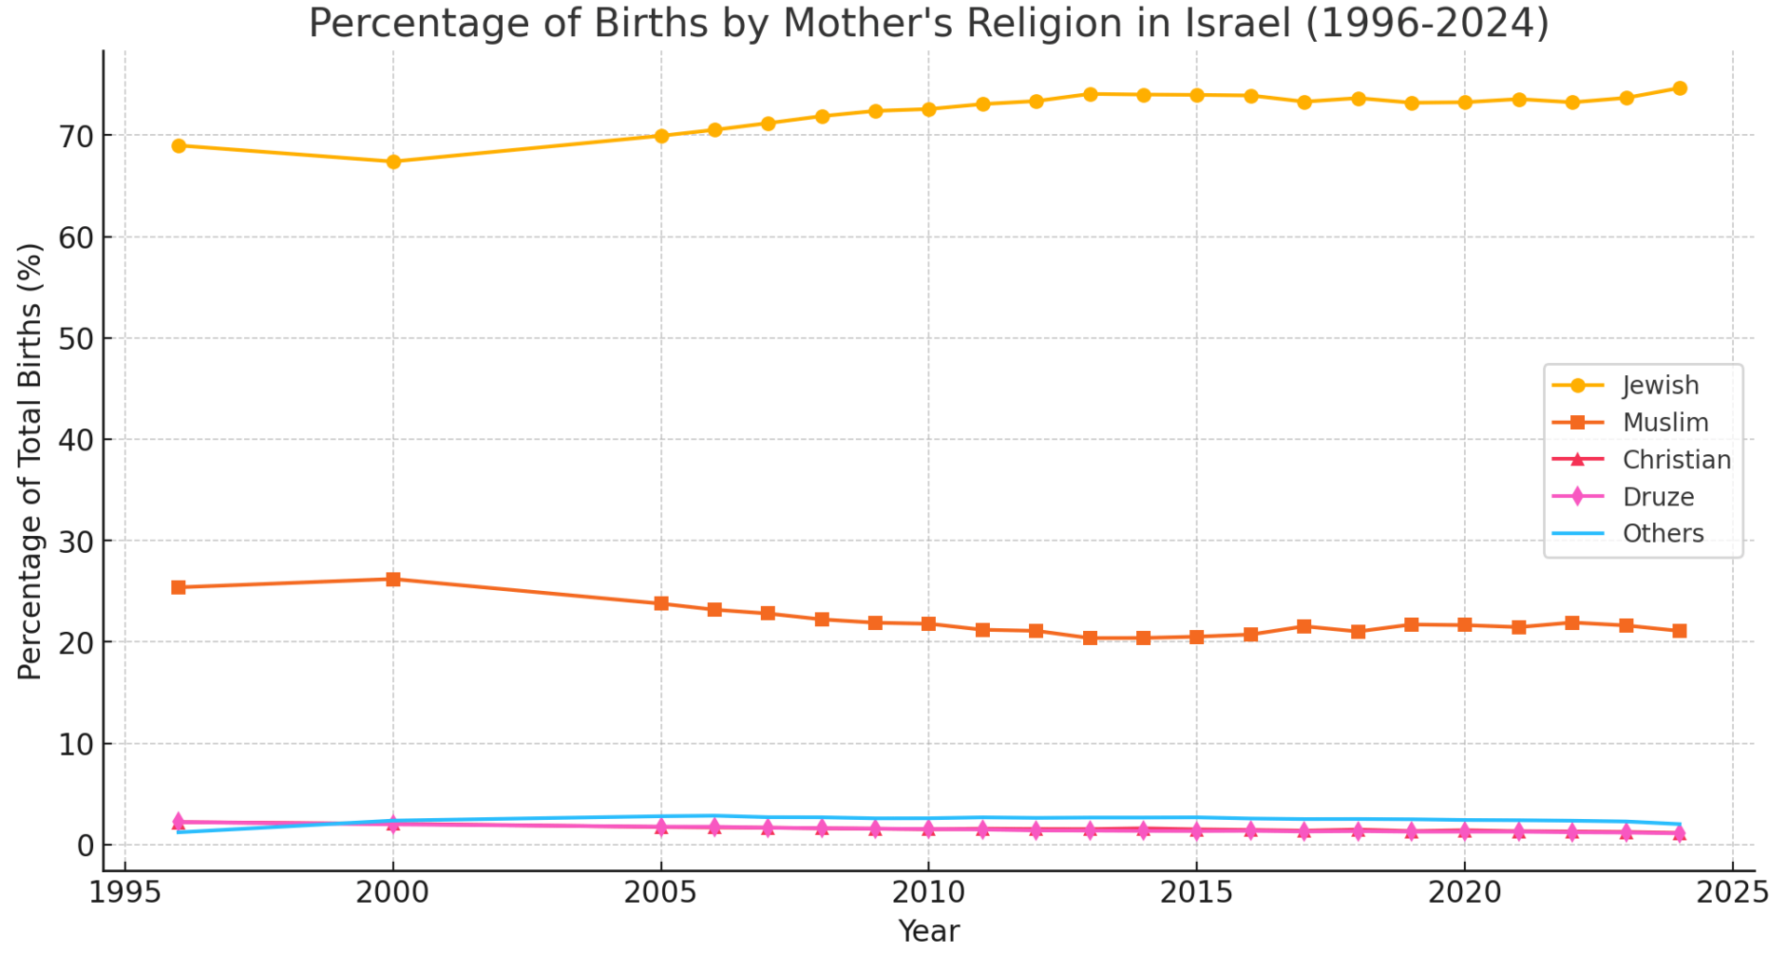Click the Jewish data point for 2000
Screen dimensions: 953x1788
point(393,162)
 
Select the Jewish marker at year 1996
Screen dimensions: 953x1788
point(179,146)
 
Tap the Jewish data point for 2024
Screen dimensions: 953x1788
point(1679,88)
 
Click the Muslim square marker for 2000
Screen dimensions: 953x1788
point(393,579)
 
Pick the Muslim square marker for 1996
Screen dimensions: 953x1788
point(179,587)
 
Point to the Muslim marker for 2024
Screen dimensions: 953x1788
point(1679,631)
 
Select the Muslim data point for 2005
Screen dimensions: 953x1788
point(661,603)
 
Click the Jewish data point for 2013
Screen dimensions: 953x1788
point(1090,94)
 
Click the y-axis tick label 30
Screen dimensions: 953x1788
point(74,542)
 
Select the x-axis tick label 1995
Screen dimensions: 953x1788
point(125,893)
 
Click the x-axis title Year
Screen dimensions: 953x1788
point(928,931)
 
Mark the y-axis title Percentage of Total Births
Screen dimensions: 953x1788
point(30,461)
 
